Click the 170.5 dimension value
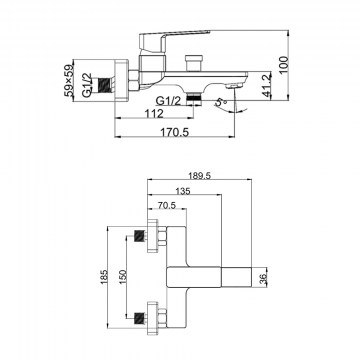pyautogui.click(x=175, y=132)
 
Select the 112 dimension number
pyautogui.click(x=154, y=114)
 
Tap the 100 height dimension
pyautogui.click(x=283, y=65)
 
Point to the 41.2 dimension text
pyautogui.click(x=267, y=85)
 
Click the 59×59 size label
pyautogui.click(x=69, y=80)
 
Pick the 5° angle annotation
pyautogui.click(x=221, y=102)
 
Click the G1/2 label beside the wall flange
pyautogui.click(x=87, y=85)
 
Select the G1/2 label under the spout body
pyautogui.click(x=169, y=100)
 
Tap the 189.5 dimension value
pyautogui.click(x=199, y=176)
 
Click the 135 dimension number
pyautogui.click(x=183, y=191)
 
